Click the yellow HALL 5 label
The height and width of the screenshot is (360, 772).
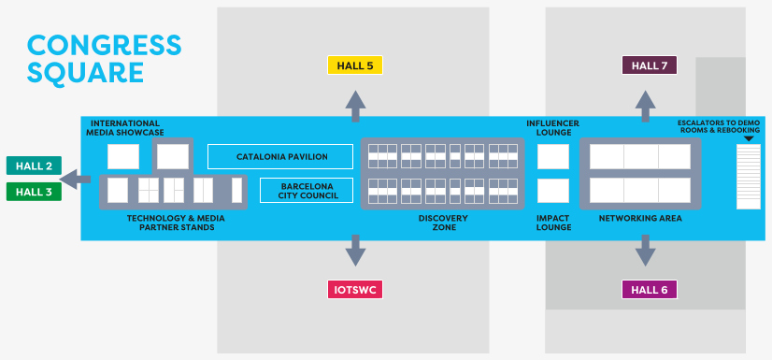(355, 65)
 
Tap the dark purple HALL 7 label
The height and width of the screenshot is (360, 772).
(649, 65)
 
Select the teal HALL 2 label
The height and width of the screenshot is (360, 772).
(34, 166)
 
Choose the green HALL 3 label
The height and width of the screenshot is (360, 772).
(34, 192)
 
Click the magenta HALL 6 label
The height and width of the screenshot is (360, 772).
(649, 289)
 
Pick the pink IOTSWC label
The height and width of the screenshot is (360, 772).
(355, 289)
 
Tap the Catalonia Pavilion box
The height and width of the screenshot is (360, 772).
(280, 156)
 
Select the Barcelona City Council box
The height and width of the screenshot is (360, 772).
(306, 191)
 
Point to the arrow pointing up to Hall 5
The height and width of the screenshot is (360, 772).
(355, 105)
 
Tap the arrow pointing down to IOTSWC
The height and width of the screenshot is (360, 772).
(355, 250)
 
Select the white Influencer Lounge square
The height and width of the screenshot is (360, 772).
(553, 156)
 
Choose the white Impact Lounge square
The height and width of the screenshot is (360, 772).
(553, 191)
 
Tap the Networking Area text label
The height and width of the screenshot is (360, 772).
(640, 218)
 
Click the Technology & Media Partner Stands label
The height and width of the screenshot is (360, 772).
(176, 223)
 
